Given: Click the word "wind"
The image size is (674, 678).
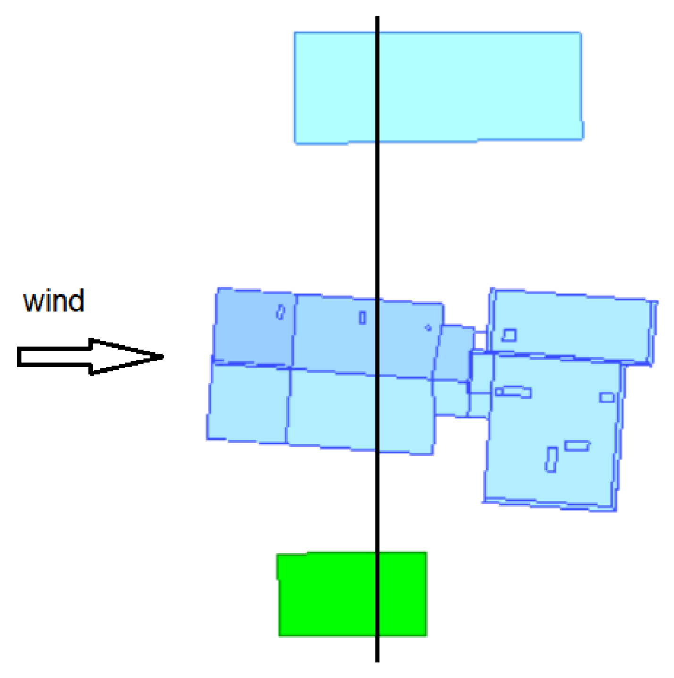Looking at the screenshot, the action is pyautogui.click(x=54, y=301).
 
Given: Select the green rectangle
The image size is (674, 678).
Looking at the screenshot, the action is pyautogui.click(x=352, y=594).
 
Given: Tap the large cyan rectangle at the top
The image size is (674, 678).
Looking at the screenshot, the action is pyautogui.click(x=438, y=87).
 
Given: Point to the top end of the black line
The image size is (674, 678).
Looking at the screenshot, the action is pyautogui.click(x=378, y=18).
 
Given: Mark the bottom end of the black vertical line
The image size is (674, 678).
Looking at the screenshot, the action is pyautogui.click(x=378, y=661).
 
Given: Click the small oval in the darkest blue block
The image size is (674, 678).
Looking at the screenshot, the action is pyautogui.click(x=281, y=312).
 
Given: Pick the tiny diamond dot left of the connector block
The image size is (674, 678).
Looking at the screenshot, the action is pyautogui.click(x=428, y=327).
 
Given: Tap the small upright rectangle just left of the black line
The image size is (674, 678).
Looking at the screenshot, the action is pyautogui.click(x=362, y=318).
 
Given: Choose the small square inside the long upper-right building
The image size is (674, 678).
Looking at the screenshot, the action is pyautogui.click(x=509, y=335).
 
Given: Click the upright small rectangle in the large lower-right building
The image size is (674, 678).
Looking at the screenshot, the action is pyautogui.click(x=551, y=460).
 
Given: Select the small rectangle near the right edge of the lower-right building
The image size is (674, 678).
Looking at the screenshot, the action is pyautogui.click(x=607, y=397).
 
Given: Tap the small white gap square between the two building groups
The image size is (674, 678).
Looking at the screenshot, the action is pyautogui.click(x=480, y=340).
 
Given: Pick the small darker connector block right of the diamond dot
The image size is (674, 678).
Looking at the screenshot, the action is pyautogui.click(x=454, y=352).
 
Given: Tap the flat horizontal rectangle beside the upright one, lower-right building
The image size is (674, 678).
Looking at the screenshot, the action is pyautogui.click(x=577, y=445).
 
